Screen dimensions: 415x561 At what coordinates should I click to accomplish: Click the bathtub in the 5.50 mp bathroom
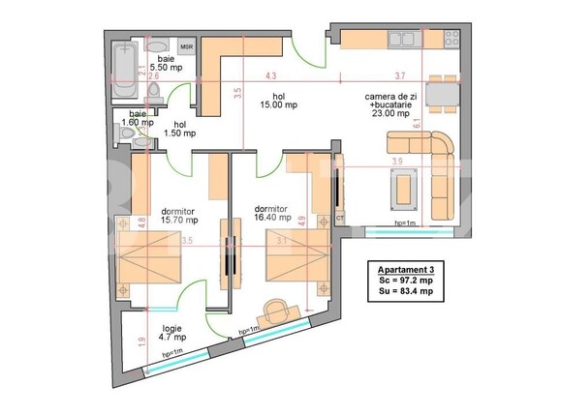point(123,71)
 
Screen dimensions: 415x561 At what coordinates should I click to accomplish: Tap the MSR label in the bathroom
point(186,45)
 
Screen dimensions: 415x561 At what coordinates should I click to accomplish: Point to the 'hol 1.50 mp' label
point(180,129)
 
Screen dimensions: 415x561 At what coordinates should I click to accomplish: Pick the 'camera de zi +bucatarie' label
point(391,104)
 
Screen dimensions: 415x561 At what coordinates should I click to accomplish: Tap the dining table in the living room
point(441,95)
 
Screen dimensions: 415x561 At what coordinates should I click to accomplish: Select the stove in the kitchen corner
point(452,39)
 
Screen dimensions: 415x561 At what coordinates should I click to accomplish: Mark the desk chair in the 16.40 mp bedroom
point(276,311)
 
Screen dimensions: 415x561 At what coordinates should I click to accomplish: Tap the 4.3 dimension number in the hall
point(271,75)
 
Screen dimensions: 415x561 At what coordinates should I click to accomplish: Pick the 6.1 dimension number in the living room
point(444,123)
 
